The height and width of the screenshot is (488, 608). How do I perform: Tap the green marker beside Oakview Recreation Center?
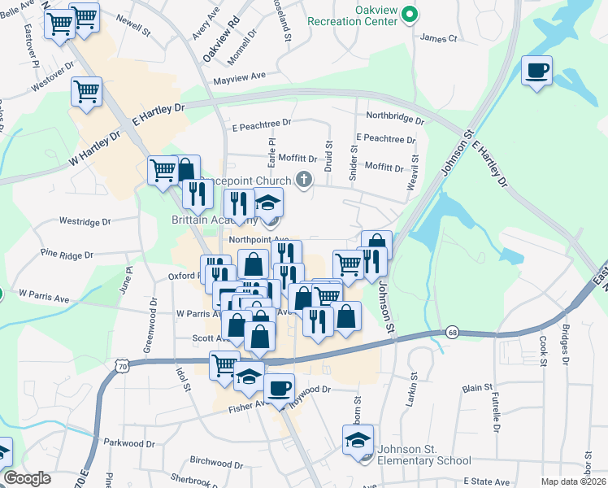click(410, 14)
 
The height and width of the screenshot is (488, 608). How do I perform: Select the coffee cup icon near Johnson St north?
click(536, 71)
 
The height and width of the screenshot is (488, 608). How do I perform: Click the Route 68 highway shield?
click(453, 333)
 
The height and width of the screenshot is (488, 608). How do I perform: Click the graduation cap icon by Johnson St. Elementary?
click(358, 441)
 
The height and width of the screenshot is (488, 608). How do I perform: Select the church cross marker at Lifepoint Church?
click(305, 180)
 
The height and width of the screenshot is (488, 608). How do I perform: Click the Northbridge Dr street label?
click(395, 119)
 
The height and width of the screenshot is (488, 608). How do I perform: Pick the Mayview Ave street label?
click(240, 78)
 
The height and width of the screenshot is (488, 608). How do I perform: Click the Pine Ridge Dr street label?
click(67, 255)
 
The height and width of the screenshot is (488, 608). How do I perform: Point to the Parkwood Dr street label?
click(129, 443)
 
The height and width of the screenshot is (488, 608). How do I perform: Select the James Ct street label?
click(439, 37)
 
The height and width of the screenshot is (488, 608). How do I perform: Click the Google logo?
click(27, 478)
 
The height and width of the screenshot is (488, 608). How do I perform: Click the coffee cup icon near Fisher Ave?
click(279, 388)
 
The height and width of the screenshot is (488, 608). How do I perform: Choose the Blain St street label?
click(472, 390)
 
